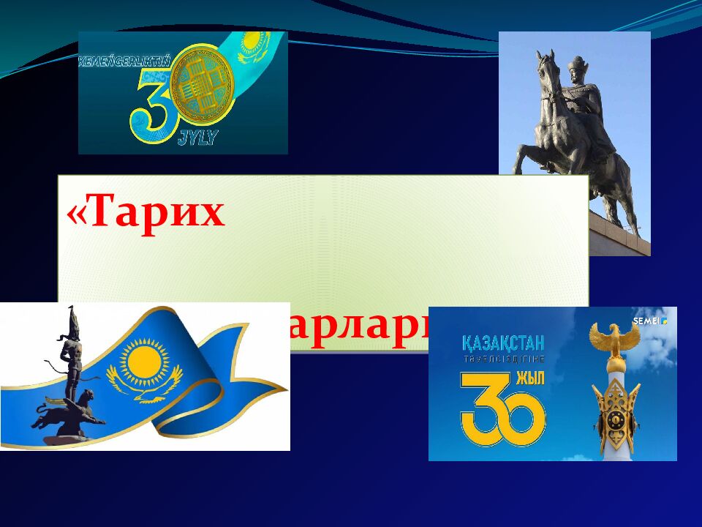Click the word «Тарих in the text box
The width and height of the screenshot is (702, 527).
[x=146, y=213]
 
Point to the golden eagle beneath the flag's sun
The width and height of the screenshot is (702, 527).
[x=144, y=384]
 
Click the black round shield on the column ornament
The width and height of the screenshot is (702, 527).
[x=615, y=419]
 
